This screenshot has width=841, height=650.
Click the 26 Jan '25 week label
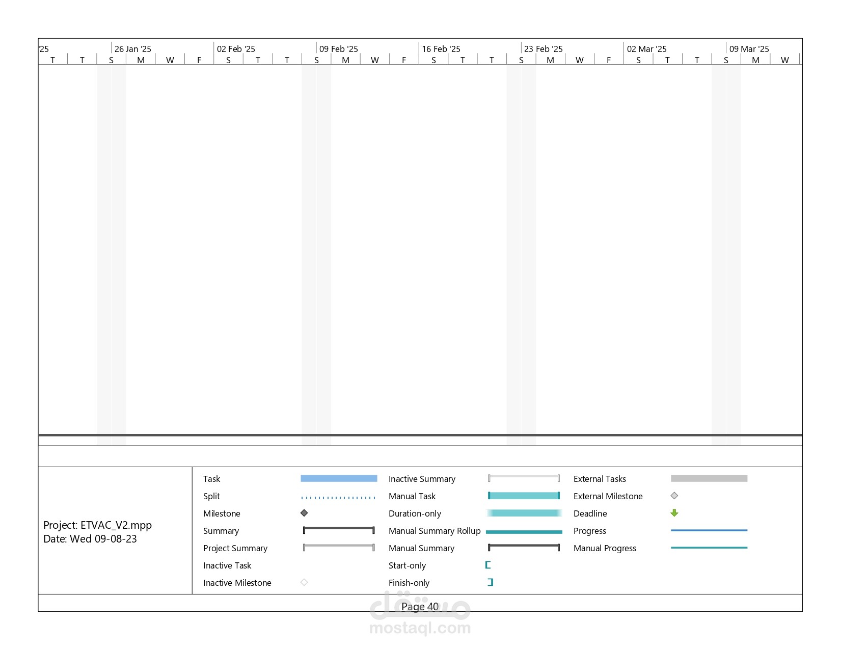(132, 49)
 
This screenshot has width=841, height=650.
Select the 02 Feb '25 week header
(236, 49)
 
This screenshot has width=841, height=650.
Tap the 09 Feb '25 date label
(339, 49)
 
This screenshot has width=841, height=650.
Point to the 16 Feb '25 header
(441, 49)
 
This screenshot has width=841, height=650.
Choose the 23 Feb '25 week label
(544, 49)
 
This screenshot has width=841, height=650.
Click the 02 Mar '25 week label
(646, 49)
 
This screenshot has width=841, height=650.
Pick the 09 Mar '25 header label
(749, 49)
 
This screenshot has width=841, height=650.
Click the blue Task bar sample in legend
(339, 478)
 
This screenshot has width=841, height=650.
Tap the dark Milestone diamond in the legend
(304, 513)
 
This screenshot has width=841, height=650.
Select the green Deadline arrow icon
(674, 513)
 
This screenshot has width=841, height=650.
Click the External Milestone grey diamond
(674, 496)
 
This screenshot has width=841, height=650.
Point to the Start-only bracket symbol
(488, 565)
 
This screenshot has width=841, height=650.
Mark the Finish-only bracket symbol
(491, 582)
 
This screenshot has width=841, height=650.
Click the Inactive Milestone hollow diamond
(304, 582)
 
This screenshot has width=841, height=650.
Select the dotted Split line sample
(338, 498)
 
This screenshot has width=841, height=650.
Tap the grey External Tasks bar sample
(709, 478)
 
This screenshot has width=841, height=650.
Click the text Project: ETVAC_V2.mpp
(98, 525)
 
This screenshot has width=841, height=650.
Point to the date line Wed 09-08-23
(90, 539)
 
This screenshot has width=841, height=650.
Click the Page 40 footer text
(420, 607)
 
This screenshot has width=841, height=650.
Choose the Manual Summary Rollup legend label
(435, 531)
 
